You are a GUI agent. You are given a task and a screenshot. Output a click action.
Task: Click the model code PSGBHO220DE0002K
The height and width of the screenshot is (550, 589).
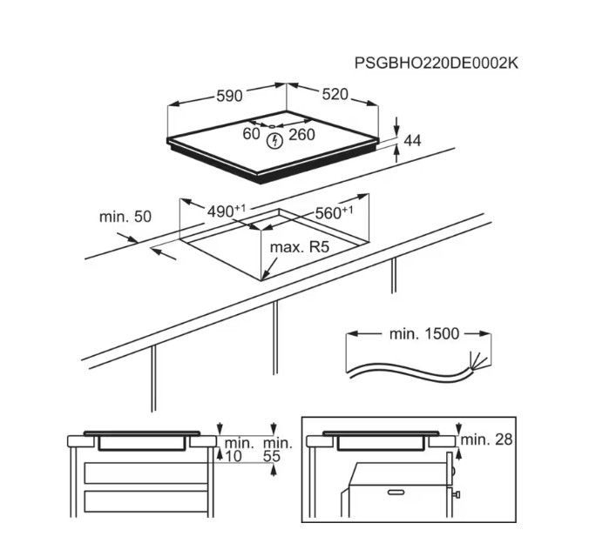437,63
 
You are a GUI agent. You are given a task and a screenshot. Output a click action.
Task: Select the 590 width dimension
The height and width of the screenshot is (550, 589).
229,96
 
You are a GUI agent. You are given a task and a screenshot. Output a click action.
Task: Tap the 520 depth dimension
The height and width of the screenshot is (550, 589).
335,94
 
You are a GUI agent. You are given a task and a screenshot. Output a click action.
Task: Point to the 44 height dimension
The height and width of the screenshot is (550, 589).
412,140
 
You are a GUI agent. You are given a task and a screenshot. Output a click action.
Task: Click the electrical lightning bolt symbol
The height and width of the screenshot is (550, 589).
274,141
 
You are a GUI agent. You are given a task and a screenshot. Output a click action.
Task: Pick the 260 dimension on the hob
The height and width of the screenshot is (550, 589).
301,135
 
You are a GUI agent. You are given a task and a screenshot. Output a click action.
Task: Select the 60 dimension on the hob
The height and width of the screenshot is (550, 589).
251,133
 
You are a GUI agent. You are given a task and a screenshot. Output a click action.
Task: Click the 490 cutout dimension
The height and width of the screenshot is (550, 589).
227,211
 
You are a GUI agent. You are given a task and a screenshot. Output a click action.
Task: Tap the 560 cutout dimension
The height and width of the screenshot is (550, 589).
334,212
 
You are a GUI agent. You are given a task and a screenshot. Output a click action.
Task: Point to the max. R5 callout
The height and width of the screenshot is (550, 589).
300,247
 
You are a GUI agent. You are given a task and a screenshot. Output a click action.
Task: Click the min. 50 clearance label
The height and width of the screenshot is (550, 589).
125,217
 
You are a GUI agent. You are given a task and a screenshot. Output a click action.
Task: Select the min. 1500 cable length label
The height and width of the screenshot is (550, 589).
424,333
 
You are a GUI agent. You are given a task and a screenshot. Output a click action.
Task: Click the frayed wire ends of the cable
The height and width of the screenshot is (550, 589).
479,361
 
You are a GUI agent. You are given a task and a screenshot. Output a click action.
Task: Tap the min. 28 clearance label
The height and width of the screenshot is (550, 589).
487,439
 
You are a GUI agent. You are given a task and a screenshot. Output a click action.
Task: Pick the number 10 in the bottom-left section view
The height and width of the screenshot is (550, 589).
234,456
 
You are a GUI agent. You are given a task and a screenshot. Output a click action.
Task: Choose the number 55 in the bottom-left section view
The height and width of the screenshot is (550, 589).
272,456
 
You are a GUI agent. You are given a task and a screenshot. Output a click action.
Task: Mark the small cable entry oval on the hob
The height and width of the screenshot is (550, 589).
272,126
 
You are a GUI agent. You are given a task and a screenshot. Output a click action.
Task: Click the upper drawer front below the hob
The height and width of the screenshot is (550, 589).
146,473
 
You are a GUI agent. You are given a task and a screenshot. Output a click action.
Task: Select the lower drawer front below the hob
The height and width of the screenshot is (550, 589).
146,501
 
